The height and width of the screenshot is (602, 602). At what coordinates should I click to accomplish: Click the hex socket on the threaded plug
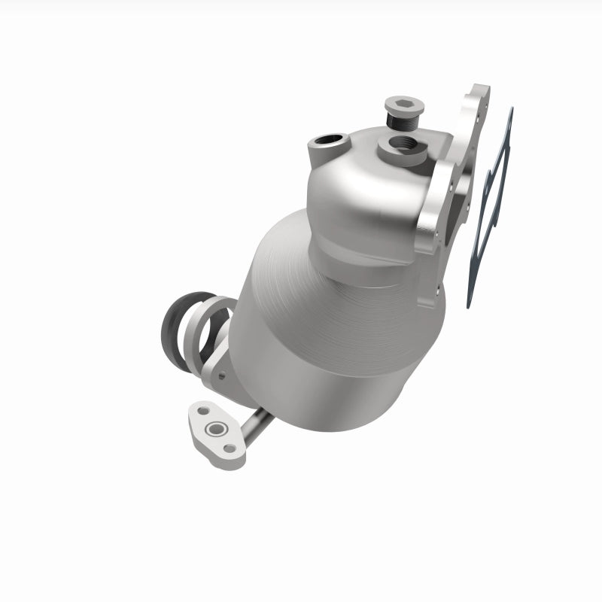(400, 103)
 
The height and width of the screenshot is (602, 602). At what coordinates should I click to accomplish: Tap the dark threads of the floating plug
(400, 118)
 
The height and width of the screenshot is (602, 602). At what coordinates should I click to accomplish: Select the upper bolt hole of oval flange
(200, 412)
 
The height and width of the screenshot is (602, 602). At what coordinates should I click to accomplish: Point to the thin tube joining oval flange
(256, 430)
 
